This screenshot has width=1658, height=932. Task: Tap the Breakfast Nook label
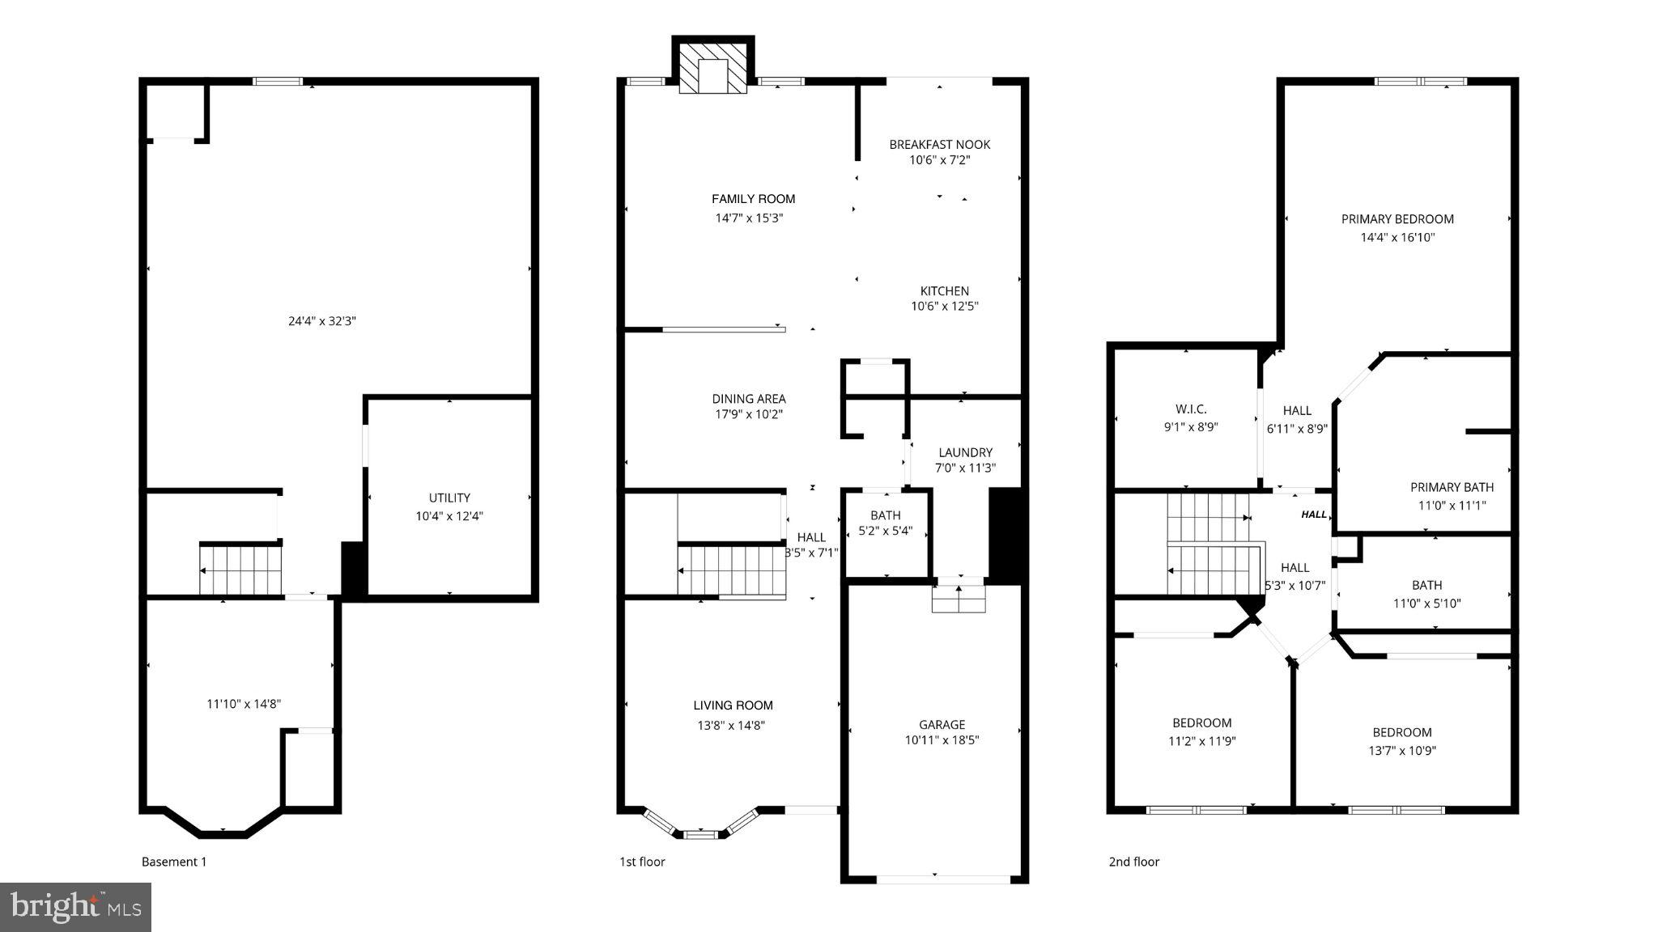(x=939, y=145)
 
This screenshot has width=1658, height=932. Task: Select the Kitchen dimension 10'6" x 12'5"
(x=945, y=307)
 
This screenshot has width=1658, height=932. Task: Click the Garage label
(x=942, y=725)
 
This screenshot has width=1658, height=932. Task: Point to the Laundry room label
(x=965, y=453)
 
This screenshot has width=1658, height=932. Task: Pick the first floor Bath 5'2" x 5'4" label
(x=885, y=515)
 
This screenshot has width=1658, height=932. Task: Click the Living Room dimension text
(x=731, y=726)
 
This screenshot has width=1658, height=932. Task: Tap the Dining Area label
(x=748, y=399)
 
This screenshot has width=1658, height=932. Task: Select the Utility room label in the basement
(x=449, y=498)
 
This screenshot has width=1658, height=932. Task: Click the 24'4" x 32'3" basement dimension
(x=322, y=321)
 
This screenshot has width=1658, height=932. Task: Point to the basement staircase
(x=240, y=570)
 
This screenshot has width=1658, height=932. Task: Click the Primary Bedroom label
(x=1397, y=219)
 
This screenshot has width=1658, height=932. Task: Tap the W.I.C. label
(x=1190, y=410)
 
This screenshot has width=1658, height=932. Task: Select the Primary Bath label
(x=1452, y=488)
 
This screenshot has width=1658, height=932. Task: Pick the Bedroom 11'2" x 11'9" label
(x=1201, y=723)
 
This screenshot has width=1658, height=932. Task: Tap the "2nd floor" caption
(x=1133, y=862)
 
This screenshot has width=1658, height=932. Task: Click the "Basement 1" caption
(x=174, y=862)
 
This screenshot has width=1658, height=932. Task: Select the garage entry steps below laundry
(x=959, y=599)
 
